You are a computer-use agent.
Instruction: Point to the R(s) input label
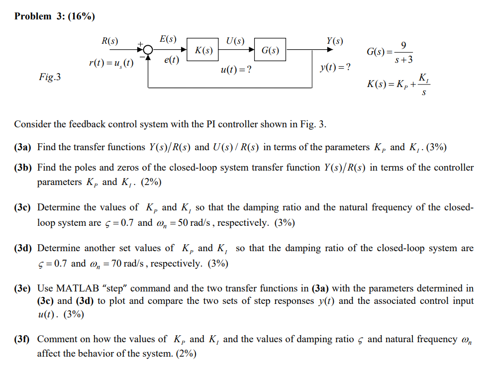click(x=110, y=41)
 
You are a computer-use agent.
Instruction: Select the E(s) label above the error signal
click(x=168, y=39)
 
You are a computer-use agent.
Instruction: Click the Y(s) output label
click(x=334, y=40)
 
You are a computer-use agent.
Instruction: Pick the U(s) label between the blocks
click(x=235, y=40)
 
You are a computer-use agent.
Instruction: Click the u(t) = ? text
click(x=235, y=70)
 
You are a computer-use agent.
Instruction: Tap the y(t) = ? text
click(x=335, y=67)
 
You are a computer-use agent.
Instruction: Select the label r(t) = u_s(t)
click(x=111, y=63)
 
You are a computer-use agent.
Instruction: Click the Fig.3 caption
click(x=50, y=77)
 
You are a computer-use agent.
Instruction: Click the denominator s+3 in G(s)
click(x=403, y=60)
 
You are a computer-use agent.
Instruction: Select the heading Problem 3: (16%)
click(x=55, y=16)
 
